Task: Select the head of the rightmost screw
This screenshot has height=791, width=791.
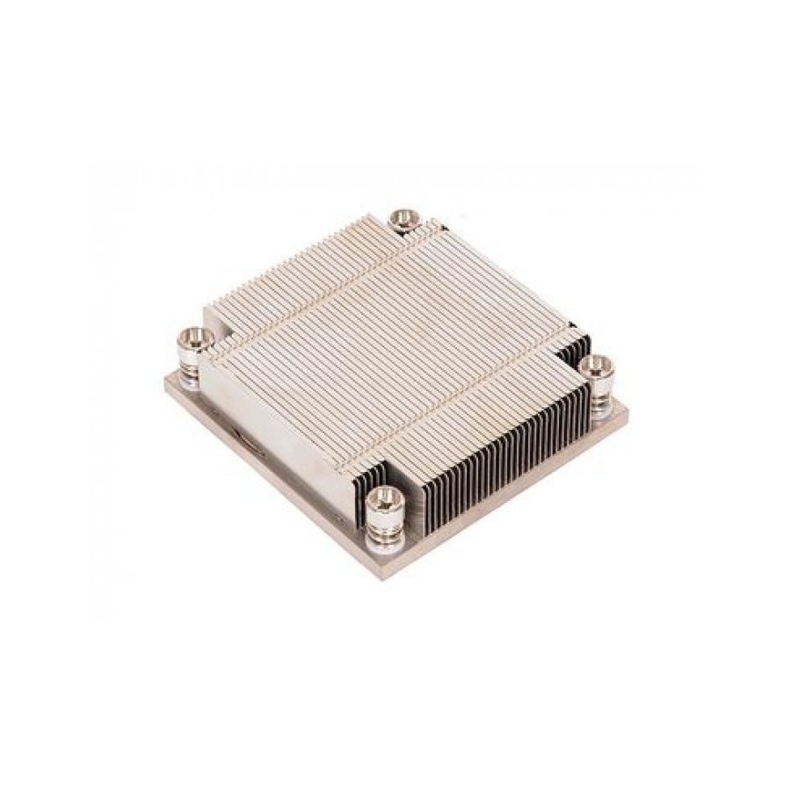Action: pos(598,363)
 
